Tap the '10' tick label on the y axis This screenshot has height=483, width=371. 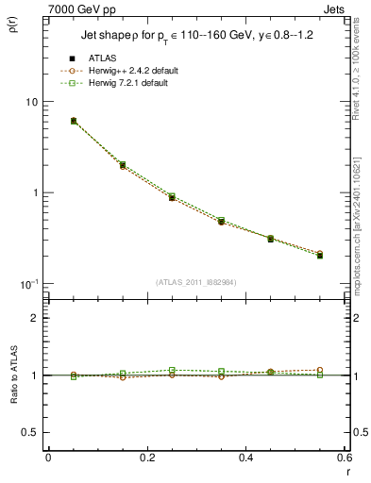point(30,102)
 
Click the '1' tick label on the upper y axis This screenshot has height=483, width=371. point(34,192)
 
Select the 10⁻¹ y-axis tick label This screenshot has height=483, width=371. point(28,284)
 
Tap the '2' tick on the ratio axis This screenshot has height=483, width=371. point(34,318)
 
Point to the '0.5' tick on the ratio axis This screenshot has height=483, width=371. point(29,432)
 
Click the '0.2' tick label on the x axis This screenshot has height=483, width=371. point(146,458)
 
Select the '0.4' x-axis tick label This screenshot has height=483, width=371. point(245,458)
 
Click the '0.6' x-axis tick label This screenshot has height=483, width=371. point(344,458)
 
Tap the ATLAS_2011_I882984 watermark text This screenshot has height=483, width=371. point(195,282)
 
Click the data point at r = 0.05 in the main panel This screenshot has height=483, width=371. point(74,121)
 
